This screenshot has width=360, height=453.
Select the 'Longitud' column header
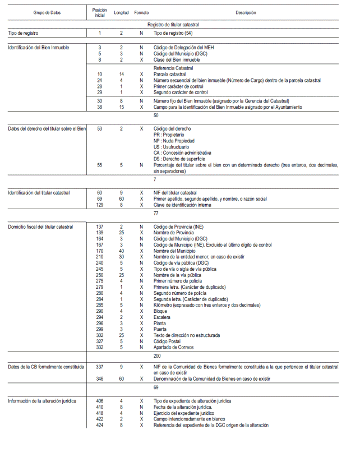click(x=121, y=12)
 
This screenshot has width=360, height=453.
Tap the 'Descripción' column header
click(x=246, y=12)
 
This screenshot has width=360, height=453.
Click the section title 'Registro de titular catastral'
click(x=173, y=25)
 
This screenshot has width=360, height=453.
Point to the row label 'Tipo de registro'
click(x=23, y=34)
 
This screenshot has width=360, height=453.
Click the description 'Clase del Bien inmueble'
click(x=177, y=59)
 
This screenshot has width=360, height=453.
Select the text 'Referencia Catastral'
click(x=173, y=68)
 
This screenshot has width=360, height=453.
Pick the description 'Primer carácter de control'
click(x=179, y=86)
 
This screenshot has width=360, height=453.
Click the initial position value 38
click(x=99, y=107)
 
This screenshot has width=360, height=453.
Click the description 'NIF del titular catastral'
click(x=175, y=193)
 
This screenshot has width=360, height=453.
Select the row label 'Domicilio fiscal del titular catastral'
click(x=40, y=227)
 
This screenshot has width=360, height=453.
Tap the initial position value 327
click(x=99, y=341)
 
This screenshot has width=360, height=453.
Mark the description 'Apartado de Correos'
click(x=174, y=347)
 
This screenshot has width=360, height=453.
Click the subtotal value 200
click(x=157, y=356)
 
